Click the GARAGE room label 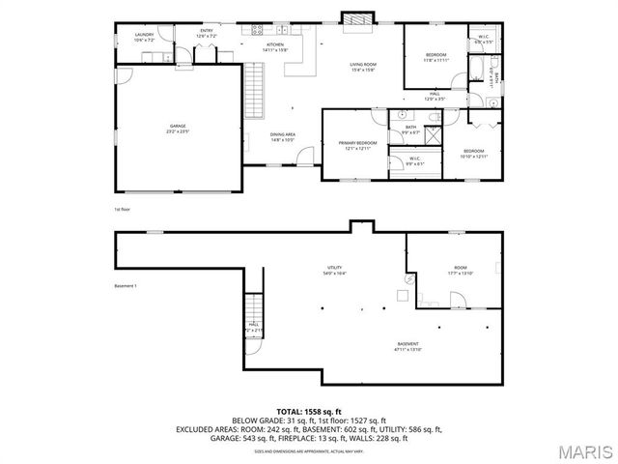[178, 128]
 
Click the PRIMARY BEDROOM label [356, 145]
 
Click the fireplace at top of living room [355, 19]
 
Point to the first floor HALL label [435, 96]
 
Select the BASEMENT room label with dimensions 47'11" [408, 346]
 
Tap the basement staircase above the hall [253, 305]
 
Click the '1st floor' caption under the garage [121, 209]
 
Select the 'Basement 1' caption [126, 286]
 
